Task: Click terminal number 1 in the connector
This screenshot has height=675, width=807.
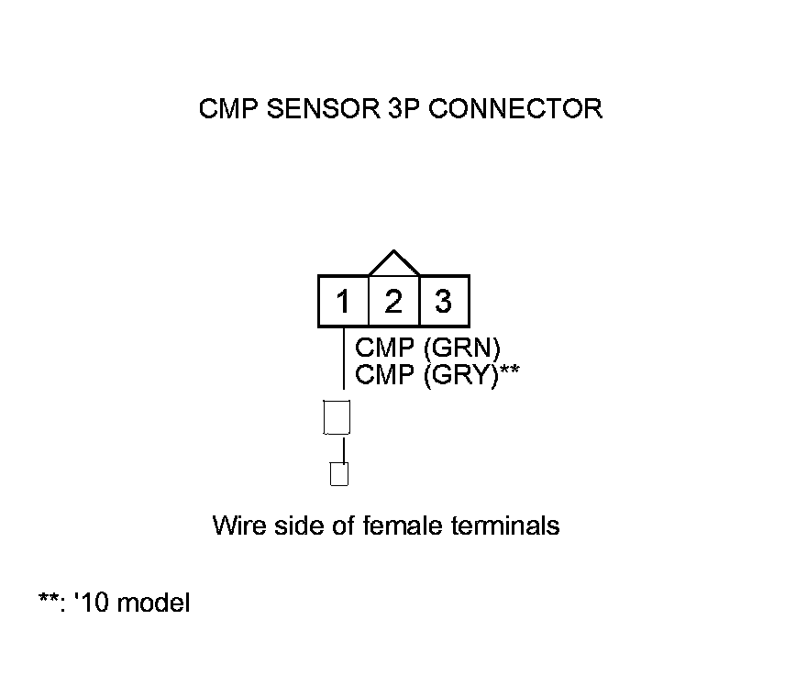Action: point(343,301)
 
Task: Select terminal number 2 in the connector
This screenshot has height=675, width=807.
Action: point(393,301)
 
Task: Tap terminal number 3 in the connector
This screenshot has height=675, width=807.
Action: point(444,301)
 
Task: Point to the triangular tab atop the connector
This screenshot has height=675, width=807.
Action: point(393,264)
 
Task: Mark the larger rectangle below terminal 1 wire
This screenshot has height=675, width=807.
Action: point(337,417)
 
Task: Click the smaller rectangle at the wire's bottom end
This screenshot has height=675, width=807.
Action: point(339,475)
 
